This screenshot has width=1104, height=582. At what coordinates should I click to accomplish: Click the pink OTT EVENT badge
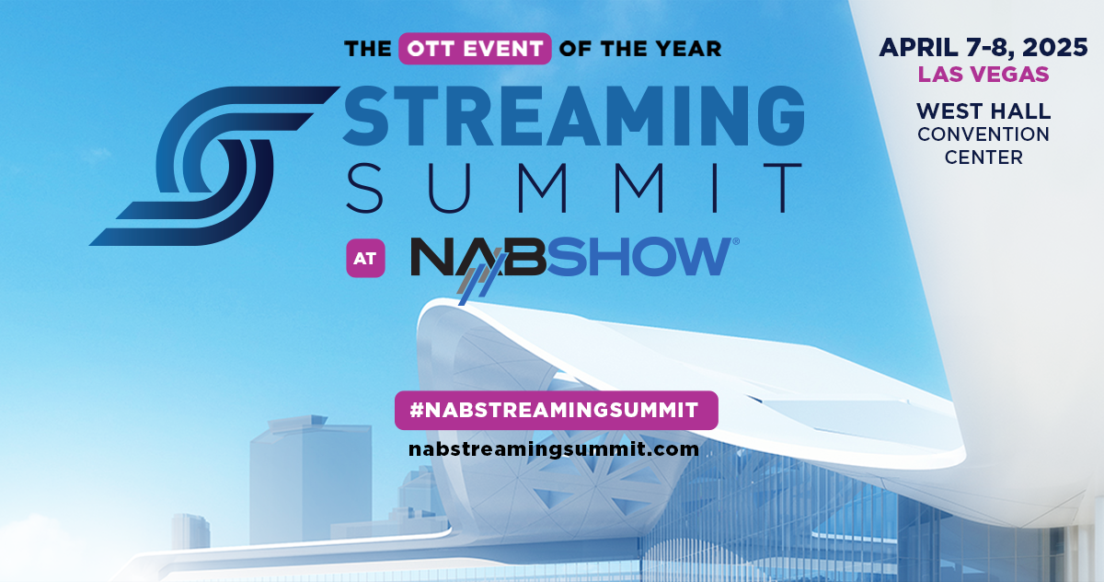tap(475, 48)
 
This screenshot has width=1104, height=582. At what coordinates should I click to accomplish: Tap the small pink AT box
tap(365, 259)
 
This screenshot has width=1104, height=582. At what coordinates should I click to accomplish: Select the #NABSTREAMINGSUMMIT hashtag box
tap(556, 411)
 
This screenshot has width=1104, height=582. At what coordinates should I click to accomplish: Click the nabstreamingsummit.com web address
tap(554, 449)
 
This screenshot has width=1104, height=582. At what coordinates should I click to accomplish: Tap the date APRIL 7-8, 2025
tap(983, 47)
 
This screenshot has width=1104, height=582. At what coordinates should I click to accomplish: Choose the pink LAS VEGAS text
tap(983, 74)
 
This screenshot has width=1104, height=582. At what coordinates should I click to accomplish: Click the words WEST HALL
tap(983, 111)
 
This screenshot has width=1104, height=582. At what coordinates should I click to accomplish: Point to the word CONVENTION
tap(983, 134)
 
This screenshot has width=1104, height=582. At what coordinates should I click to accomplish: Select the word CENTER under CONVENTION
tap(983, 157)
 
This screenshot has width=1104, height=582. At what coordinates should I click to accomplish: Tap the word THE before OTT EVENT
tap(368, 48)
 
